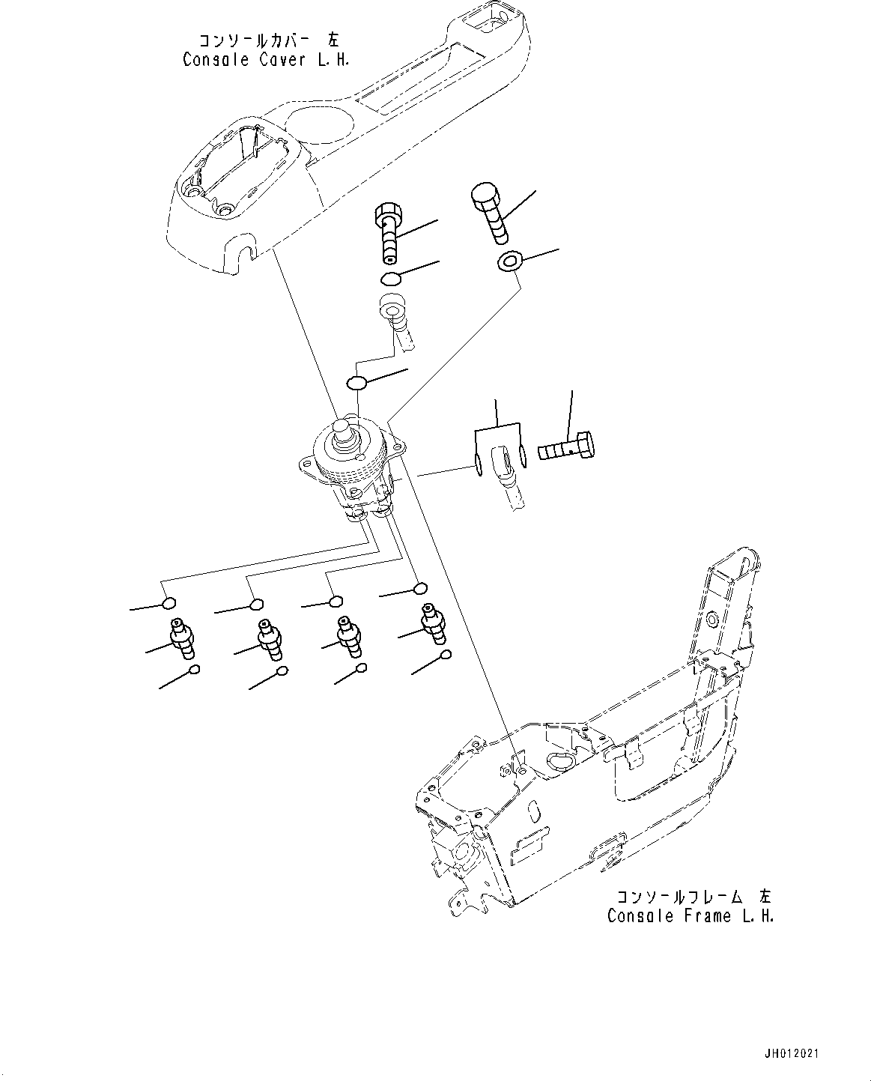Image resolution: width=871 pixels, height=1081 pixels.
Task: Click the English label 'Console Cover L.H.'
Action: click(x=265, y=60)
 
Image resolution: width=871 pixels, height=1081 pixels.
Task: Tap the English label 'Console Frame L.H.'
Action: click(x=690, y=915)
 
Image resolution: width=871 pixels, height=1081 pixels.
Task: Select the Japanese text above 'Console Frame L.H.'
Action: click(x=694, y=896)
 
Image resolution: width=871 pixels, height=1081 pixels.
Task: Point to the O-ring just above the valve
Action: click(x=356, y=384)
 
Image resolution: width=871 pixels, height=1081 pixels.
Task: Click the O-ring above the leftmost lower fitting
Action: click(x=170, y=604)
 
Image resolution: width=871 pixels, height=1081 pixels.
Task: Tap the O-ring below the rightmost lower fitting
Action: click(x=446, y=655)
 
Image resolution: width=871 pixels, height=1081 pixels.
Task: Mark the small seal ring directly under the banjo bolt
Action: click(x=389, y=279)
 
